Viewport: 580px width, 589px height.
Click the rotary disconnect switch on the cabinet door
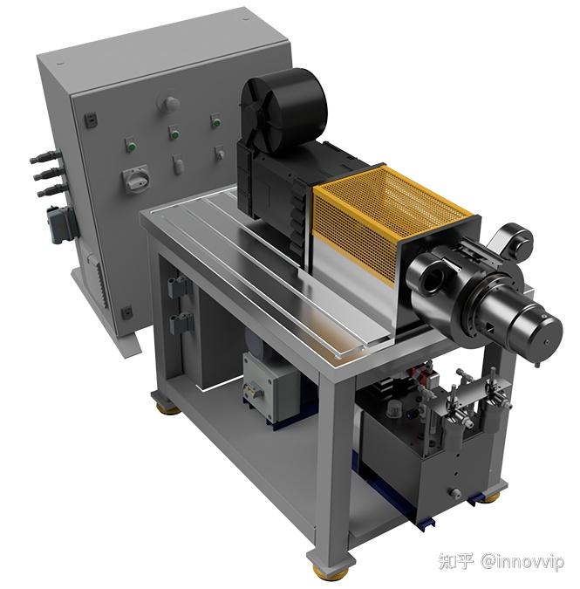(x=136, y=179)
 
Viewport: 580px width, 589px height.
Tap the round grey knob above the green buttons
(x=171, y=104)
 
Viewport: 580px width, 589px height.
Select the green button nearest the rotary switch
(x=131, y=146)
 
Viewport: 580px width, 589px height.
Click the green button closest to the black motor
(x=215, y=121)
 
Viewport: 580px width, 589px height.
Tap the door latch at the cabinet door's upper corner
(x=91, y=120)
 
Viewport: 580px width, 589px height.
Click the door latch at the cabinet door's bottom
(x=126, y=312)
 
